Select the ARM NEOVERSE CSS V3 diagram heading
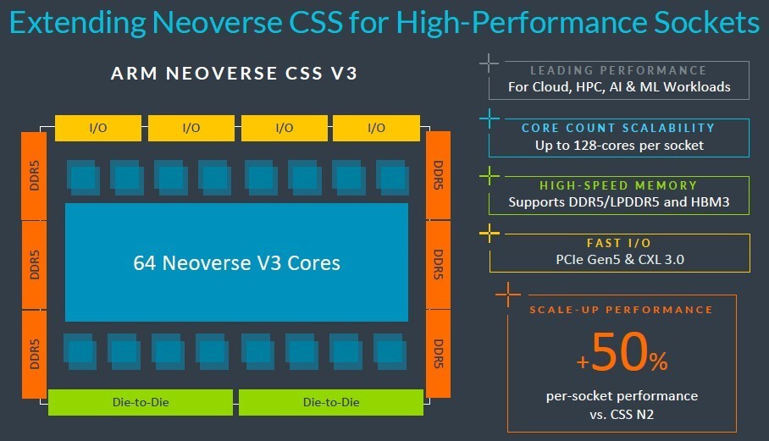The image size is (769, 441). coord(234,74)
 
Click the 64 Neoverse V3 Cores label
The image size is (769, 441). coord(236,262)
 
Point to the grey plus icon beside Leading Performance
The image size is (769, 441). coord(489,63)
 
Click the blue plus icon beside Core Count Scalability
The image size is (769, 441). coord(489,119)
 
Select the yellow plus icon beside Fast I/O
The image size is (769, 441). coord(489,234)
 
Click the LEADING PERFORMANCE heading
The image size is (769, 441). coord(618,70)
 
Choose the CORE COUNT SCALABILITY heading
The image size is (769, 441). coord(618,128)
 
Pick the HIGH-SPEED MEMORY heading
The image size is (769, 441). coord(618,185)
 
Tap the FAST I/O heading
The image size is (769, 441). coord(618,242)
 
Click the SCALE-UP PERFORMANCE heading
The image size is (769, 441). coord(621,310)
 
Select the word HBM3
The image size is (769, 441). coord(710,202)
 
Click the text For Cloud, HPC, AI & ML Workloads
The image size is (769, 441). coord(618,86)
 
